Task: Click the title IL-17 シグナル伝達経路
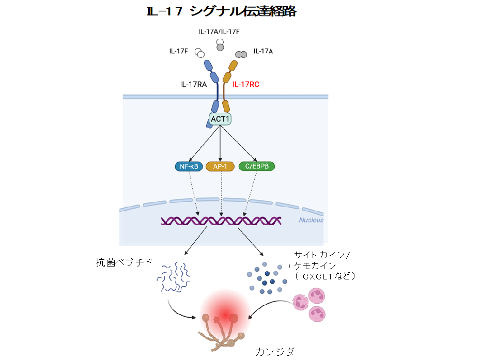tap(222, 11)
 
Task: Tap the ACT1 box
tap(221, 119)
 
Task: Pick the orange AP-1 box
tap(221, 166)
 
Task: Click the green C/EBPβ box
tap(257, 166)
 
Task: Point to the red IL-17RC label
tap(246, 84)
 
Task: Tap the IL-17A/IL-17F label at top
tap(219, 32)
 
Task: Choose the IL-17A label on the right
tap(263, 52)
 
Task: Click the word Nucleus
tap(311, 220)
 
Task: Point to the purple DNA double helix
tap(221, 221)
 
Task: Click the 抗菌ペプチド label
tap(124, 262)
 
